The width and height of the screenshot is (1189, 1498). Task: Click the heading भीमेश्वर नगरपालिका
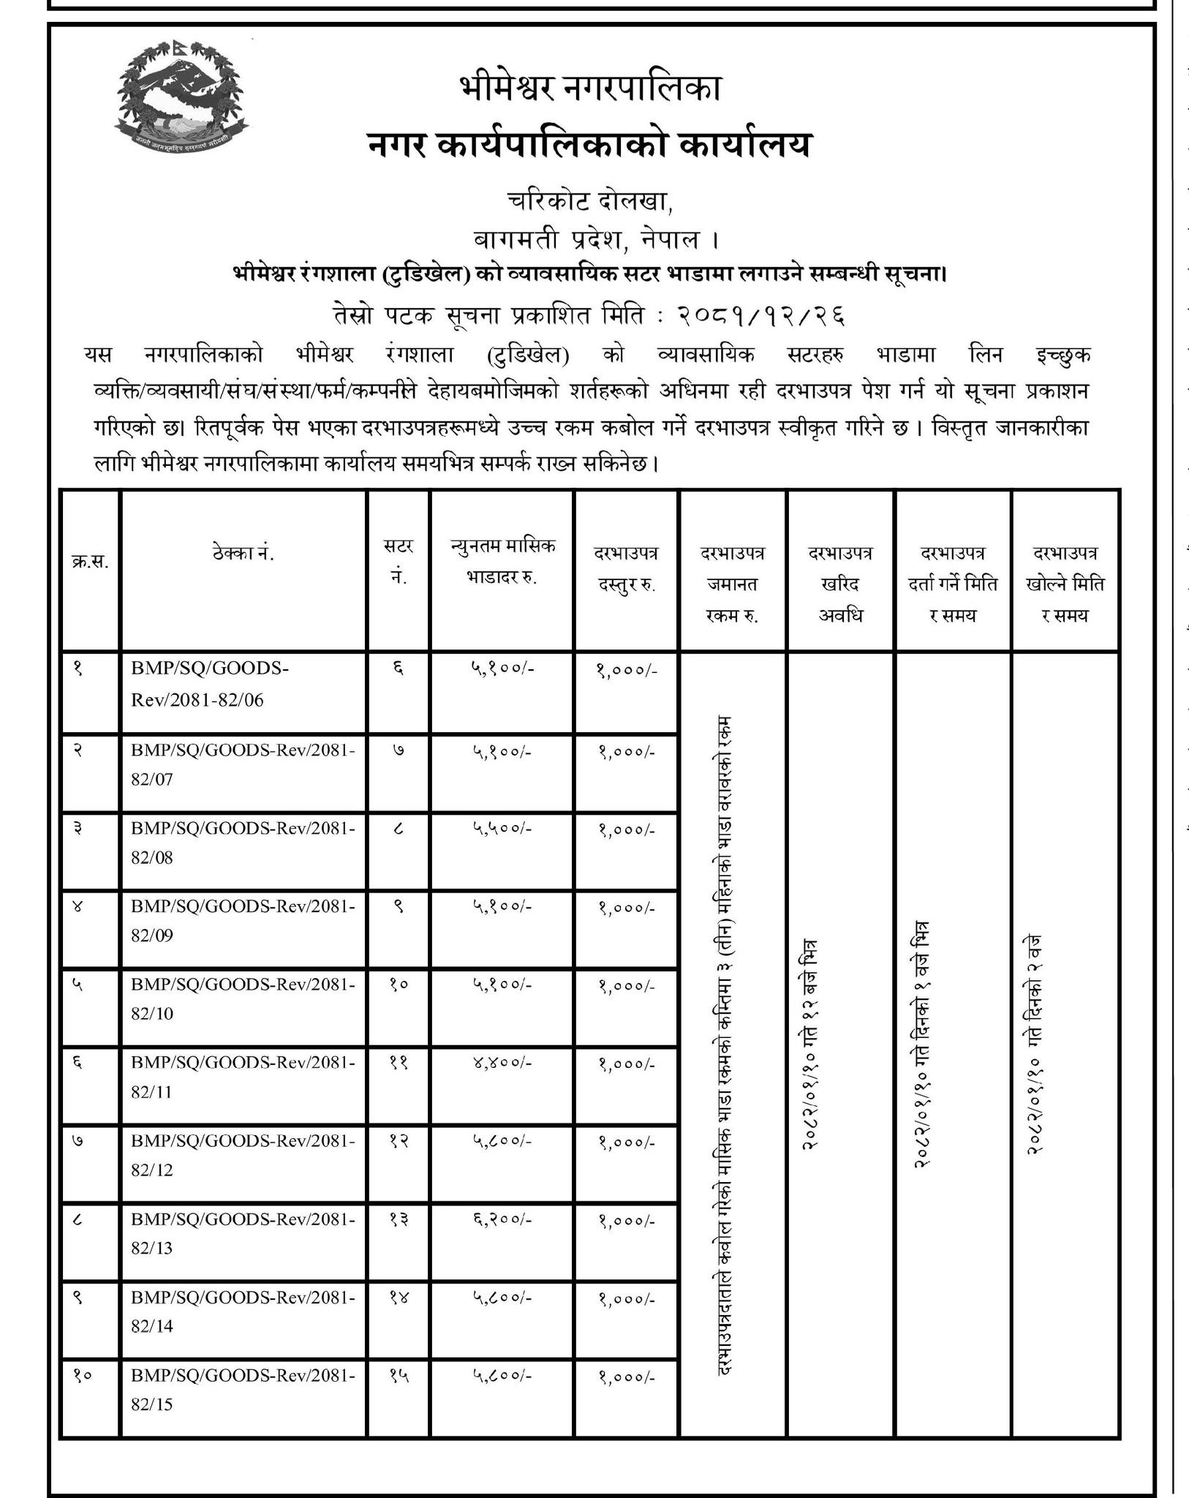[x=591, y=89]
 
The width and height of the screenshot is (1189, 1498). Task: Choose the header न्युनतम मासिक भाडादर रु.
[x=502, y=561]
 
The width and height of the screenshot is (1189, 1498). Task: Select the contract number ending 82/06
[x=211, y=684]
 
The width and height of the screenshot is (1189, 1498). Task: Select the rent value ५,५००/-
[x=502, y=829]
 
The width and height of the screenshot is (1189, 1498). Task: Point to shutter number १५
[x=399, y=1376]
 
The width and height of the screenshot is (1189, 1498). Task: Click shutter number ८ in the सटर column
[x=399, y=829]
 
